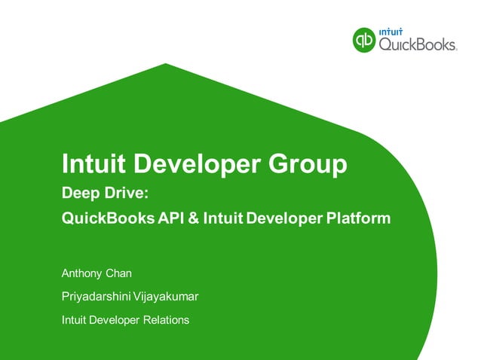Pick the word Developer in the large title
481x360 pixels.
194,163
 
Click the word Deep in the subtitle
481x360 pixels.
79,194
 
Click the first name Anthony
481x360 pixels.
81,272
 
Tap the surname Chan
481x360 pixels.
118,272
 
